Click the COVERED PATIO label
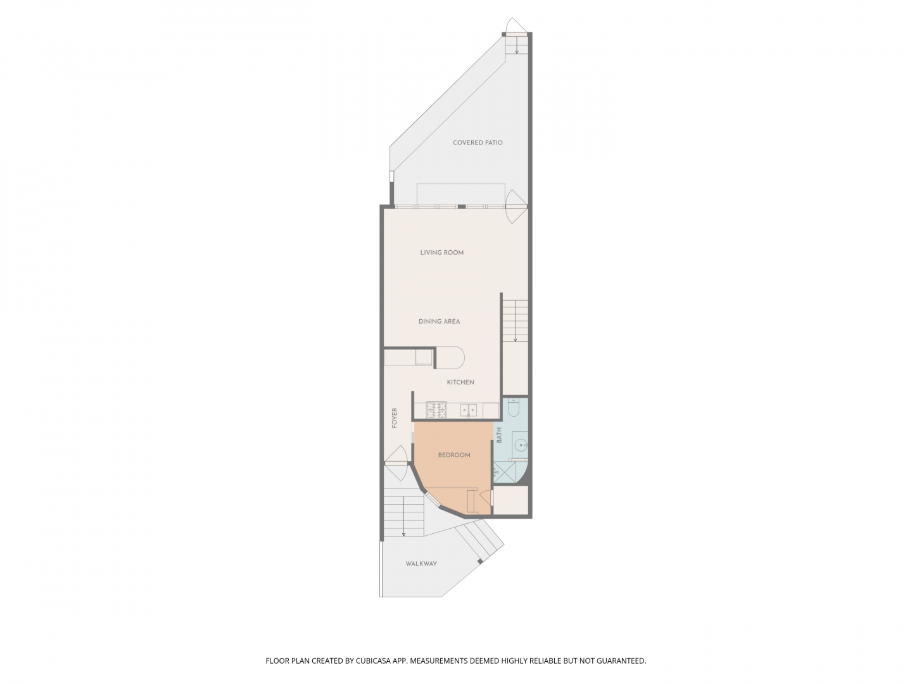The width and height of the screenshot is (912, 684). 478,142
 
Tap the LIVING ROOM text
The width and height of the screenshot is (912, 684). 442,253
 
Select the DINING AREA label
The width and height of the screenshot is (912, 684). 439,322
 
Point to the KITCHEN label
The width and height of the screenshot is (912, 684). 460,383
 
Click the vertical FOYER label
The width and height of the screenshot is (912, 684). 395,418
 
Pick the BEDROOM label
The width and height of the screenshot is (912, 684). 454,455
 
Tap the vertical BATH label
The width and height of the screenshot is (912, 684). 499,435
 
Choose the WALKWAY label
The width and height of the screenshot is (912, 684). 421,564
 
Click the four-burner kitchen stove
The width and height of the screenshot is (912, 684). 436,410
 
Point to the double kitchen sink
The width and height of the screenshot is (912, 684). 469,410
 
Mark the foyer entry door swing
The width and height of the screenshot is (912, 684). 397,457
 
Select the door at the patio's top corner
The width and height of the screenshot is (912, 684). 516,25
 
